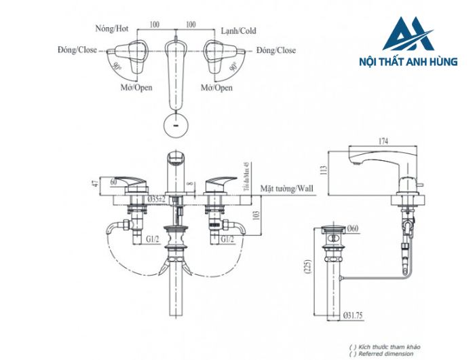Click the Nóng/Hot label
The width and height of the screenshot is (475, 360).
click(113, 30)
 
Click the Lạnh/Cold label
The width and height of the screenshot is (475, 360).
click(239, 30)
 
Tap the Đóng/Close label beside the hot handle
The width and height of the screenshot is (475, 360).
click(77, 50)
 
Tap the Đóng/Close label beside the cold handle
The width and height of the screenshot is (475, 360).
click(276, 50)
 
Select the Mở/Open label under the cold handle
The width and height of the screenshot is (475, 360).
click(217, 88)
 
